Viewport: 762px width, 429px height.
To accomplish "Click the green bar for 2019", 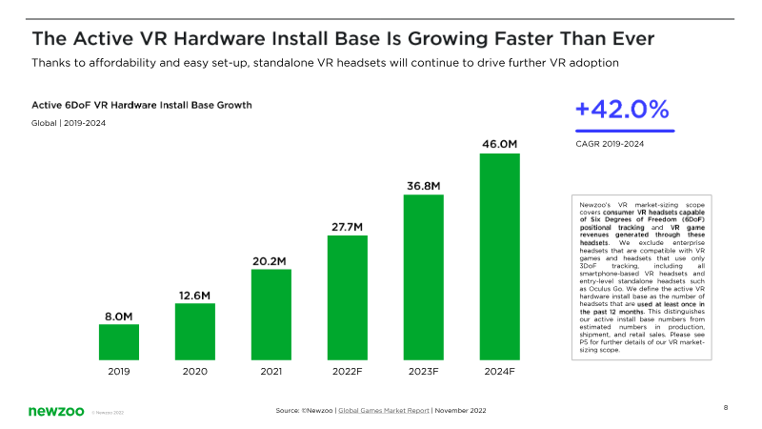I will (119, 342).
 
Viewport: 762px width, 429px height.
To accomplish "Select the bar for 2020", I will (195, 332).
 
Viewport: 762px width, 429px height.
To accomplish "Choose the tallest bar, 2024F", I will (500, 255).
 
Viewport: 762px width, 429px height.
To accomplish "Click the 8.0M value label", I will (119, 315).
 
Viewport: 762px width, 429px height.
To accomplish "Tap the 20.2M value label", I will (271, 260).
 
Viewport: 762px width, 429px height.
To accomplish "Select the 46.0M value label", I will (500, 144).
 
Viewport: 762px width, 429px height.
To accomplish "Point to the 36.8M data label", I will (424, 185).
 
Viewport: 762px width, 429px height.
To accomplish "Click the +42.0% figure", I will (622, 110).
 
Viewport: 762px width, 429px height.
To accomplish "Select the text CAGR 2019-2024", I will (610, 144).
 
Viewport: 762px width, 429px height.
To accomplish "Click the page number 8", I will (726, 408).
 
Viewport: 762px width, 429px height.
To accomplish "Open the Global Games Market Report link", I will (383, 409).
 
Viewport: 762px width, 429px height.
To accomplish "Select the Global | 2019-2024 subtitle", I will (68, 123).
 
